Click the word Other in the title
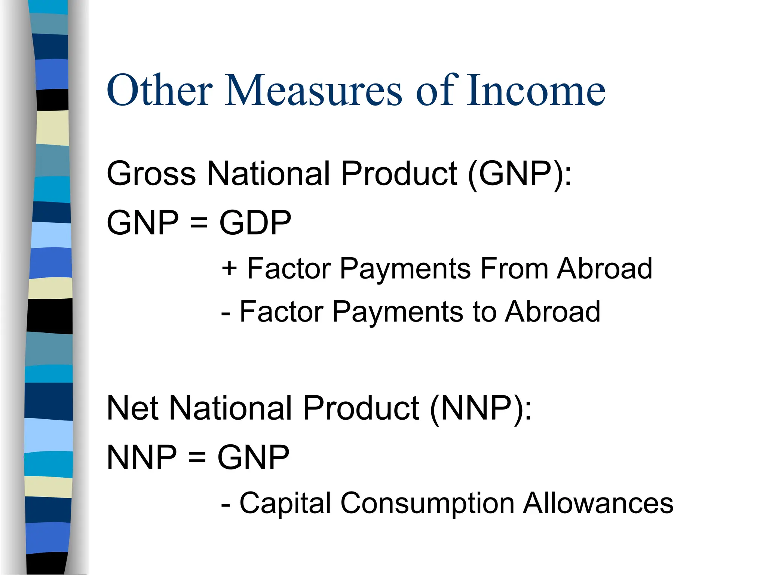point(160,90)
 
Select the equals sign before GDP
point(199,223)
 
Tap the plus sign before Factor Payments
point(229,268)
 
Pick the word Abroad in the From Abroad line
point(604,268)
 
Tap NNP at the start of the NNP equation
point(141,457)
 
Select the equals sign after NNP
point(197,458)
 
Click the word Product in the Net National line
point(361,408)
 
